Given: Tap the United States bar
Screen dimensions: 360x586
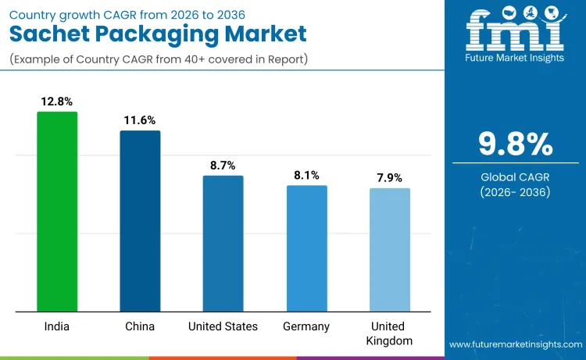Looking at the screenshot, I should tap(223, 243).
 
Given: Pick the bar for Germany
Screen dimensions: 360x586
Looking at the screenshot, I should tap(306, 248).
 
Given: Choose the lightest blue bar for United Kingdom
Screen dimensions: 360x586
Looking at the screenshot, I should tap(389, 249).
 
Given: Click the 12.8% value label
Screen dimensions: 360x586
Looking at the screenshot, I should tap(57, 102).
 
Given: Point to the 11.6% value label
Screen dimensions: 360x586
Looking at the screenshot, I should tap(140, 120).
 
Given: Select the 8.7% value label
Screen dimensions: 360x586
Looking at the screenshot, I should tap(223, 166).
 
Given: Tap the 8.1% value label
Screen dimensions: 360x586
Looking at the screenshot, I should tap(306, 176).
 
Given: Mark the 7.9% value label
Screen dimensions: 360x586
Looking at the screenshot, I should tap(389, 178).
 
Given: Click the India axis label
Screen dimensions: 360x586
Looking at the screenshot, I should tap(57, 326).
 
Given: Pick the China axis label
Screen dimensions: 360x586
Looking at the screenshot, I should tap(140, 326).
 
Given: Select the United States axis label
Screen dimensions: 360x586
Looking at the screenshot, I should tap(223, 326).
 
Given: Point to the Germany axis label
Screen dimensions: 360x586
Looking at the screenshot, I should tap(306, 326).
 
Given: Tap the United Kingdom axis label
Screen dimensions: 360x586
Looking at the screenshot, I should tap(389, 333).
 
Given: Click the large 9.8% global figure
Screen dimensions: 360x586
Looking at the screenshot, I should tap(515, 144).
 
